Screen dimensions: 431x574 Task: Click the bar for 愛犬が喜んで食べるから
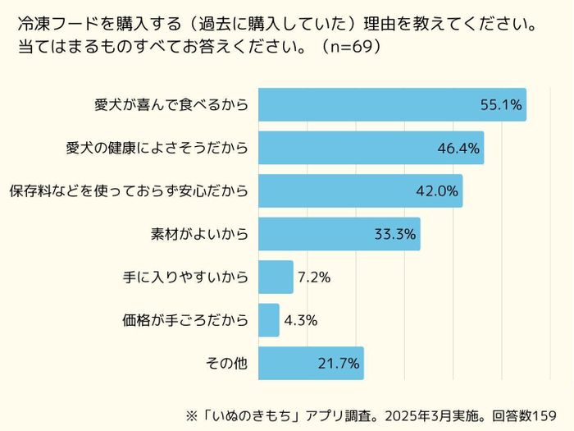(x=369, y=105)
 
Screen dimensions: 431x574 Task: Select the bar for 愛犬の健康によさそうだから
(x=353, y=148)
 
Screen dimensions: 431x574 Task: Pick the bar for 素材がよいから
(x=320, y=234)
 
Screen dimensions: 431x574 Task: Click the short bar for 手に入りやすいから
(x=276, y=277)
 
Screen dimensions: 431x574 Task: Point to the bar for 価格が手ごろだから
(x=269, y=320)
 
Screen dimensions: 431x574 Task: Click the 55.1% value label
(x=501, y=105)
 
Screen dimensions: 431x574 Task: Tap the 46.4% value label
(x=458, y=149)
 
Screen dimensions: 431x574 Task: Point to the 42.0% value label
(x=437, y=191)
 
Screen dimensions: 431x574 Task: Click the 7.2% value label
(x=314, y=277)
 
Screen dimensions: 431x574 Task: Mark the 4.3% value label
(x=300, y=320)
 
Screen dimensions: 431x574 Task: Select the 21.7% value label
(x=338, y=363)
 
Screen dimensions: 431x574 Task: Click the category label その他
(x=229, y=363)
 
